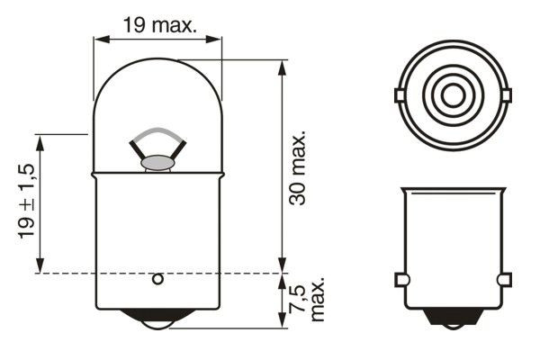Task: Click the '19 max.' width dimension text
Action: pyautogui.click(x=158, y=25)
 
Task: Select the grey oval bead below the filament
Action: pyautogui.click(x=157, y=163)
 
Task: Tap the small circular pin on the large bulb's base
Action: pyautogui.click(x=157, y=279)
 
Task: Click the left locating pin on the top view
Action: pyautogui.click(x=400, y=94)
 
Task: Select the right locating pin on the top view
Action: pyautogui.click(x=505, y=94)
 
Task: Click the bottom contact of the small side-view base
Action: pyautogui.click(x=453, y=320)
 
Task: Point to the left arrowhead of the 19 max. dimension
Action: pyautogui.click(x=100, y=39)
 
